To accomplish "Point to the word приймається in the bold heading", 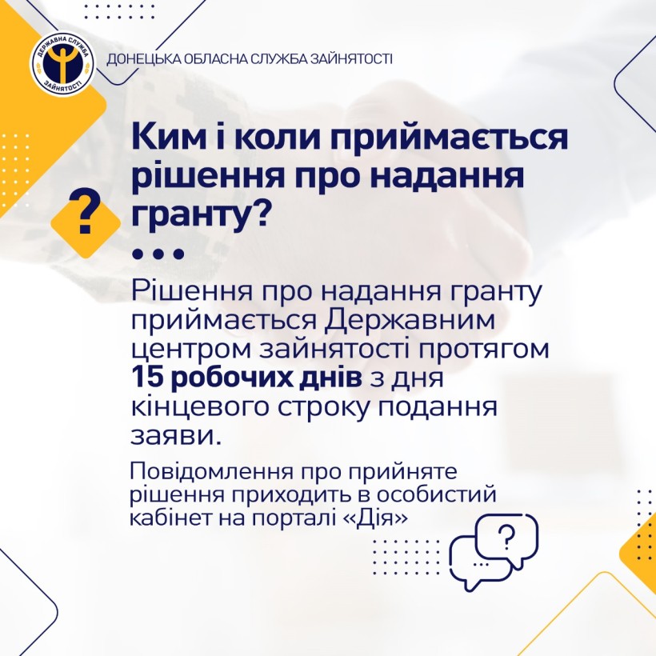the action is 450,138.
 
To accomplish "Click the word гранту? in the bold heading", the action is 200,214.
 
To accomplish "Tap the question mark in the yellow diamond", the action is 86,210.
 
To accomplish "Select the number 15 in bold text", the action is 146,378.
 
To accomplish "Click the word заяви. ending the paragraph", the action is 176,436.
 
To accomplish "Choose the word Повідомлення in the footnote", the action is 214,471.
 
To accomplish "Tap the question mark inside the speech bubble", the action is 506,537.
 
